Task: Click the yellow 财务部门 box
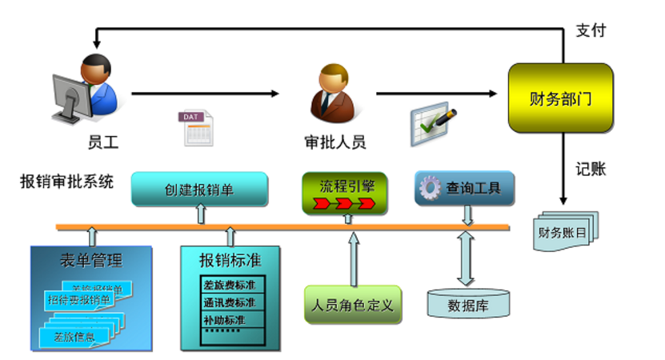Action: point(560,98)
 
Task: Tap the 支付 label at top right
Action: point(591,30)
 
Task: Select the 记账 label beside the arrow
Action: point(591,169)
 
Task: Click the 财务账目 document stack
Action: point(566,232)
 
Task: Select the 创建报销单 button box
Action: point(199,190)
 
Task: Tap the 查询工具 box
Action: point(465,189)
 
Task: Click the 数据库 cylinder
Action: point(467,303)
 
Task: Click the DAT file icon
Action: point(197,128)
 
